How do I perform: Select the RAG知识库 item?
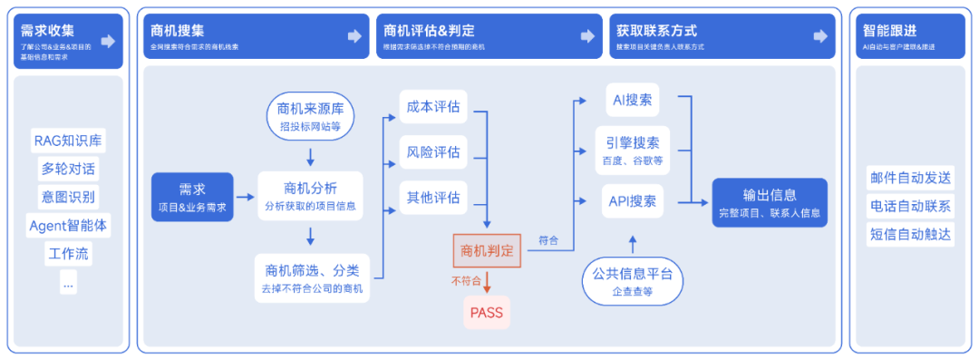tap(69, 141)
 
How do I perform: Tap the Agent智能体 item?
tap(69, 225)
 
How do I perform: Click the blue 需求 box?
tap(192, 197)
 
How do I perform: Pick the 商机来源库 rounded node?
tap(310, 118)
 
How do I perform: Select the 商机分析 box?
tap(310, 196)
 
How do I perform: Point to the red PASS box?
tap(487, 313)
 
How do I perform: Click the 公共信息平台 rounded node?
tap(632, 281)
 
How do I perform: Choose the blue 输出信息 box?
tap(769, 202)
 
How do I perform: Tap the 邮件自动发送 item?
tap(910, 177)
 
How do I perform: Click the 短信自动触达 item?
tap(910, 234)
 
